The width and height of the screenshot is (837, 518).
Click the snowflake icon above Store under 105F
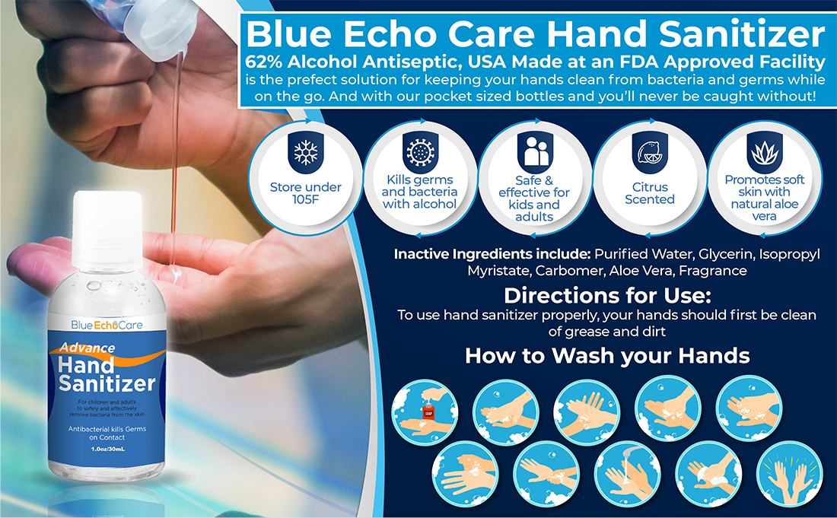[x=306, y=153]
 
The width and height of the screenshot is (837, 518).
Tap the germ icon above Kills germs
[x=420, y=153]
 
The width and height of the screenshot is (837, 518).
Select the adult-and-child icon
[x=536, y=152]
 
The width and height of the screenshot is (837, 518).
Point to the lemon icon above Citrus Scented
[x=650, y=153]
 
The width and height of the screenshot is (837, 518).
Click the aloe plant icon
[x=765, y=153]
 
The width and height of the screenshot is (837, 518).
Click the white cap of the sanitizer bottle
[x=107, y=230]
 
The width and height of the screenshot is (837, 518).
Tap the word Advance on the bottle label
[x=88, y=348]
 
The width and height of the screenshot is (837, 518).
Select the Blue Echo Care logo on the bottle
[x=107, y=325]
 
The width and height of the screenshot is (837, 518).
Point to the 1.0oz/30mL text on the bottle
[x=107, y=450]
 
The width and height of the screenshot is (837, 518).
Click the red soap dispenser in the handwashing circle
[x=428, y=412]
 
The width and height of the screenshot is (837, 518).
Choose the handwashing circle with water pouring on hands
[x=627, y=474]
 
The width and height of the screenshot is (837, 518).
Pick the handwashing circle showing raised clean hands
[x=790, y=474]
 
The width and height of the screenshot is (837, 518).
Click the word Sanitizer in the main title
[x=742, y=33]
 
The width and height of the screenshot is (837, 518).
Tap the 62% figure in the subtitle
[x=264, y=62]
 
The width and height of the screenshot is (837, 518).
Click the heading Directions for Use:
[x=607, y=295]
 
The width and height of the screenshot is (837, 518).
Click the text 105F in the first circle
[x=305, y=199]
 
